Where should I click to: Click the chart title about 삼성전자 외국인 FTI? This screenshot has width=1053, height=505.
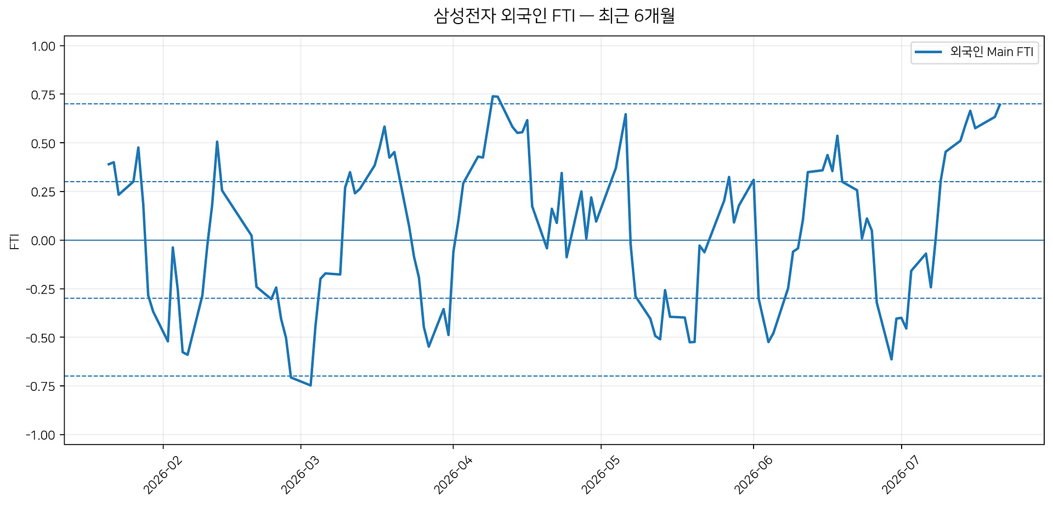pyautogui.click(x=554, y=16)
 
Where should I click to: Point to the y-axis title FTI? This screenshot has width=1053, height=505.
pyautogui.click(x=15, y=241)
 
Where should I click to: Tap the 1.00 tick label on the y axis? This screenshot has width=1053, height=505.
pyautogui.click(x=43, y=46)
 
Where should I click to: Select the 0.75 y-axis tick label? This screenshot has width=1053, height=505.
pyautogui.click(x=43, y=95)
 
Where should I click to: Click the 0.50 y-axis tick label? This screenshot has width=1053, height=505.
pyautogui.click(x=43, y=143)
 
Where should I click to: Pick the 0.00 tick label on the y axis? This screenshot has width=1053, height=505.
pyautogui.click(x=43, y=240)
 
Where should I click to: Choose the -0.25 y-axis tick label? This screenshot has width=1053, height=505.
pyautogui.click(x=41, y=289)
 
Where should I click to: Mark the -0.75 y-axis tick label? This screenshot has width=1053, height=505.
pyautogui.click(x=41, y=386)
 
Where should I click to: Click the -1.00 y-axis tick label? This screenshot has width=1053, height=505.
pyautogui.click(x=41, y=435)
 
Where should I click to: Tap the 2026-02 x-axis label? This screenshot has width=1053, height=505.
pyautogui.click(x=162, y=475)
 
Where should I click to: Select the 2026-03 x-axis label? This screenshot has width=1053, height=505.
pyautogui.click(x=300, y=475)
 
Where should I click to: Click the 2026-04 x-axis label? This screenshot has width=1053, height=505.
pyautogui.click(x=453, y=475)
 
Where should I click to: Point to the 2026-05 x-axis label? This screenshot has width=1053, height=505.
pyautogui.click(x=601, y=475)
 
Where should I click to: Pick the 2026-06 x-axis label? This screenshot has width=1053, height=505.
pyautogui.click(x=753, y=475)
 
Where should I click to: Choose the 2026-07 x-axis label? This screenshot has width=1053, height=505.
pyautogui.click(x=901, y=475)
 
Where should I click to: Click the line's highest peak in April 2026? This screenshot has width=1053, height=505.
pyautogui.click(x=492, y=96)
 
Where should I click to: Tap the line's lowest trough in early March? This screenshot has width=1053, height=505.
pyautogui.click(x=310, y=385)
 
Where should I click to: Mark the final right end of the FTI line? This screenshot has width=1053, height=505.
pyautogui.click(x=1000, y=104)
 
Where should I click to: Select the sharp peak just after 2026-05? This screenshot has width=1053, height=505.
pyautogui.click(x=626, y=114)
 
